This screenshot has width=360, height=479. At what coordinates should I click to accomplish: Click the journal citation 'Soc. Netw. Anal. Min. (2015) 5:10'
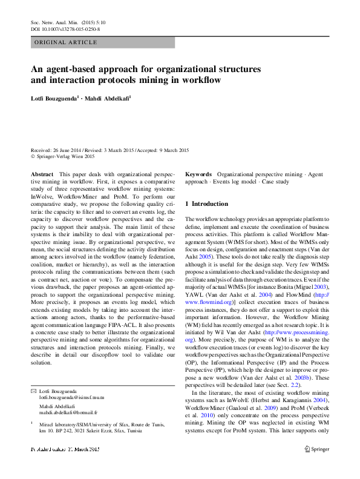[65, 22]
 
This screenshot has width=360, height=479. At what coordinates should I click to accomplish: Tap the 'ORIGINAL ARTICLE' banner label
[66, 42]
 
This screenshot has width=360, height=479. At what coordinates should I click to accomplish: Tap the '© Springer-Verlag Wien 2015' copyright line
[63, 156]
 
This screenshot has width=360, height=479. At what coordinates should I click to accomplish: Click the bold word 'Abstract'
[42, 174]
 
